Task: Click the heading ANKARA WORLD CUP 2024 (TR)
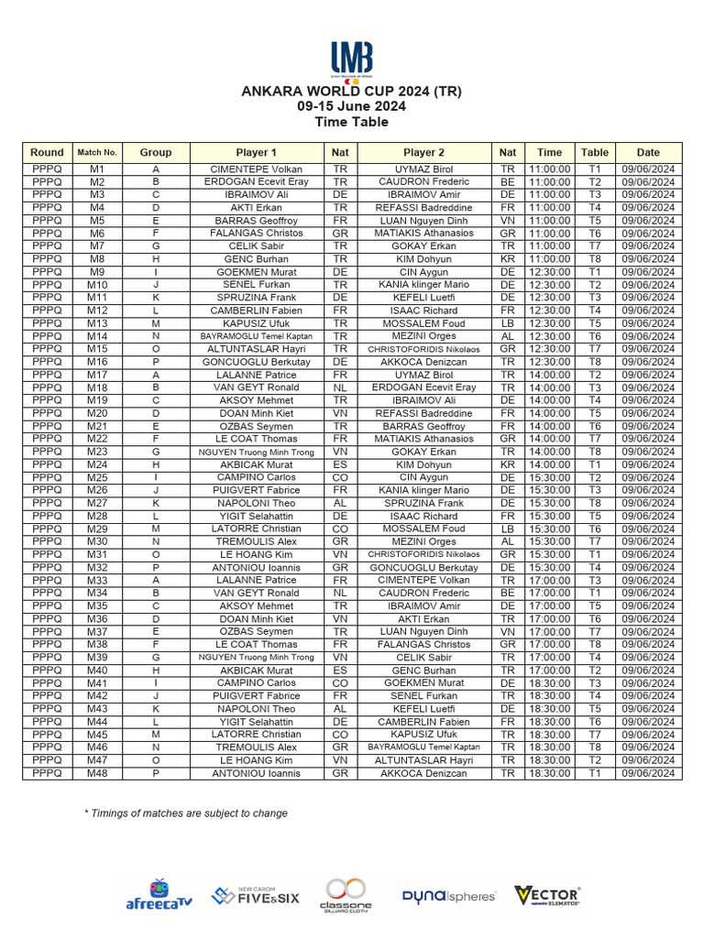352,92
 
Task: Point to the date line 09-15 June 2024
352,106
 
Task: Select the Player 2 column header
423,153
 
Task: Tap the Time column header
549,153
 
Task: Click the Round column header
47,153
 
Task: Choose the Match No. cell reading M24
97,464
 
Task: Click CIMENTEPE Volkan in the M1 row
256,169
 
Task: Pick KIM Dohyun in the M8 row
423,259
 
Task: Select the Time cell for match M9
549,272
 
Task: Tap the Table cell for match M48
594,773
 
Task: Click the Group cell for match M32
156,567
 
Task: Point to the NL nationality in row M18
340,387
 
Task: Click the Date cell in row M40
648,671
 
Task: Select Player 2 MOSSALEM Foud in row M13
423,323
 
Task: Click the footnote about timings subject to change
186,813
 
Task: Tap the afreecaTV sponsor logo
159,895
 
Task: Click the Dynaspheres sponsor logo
448,896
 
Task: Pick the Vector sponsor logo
547,895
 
